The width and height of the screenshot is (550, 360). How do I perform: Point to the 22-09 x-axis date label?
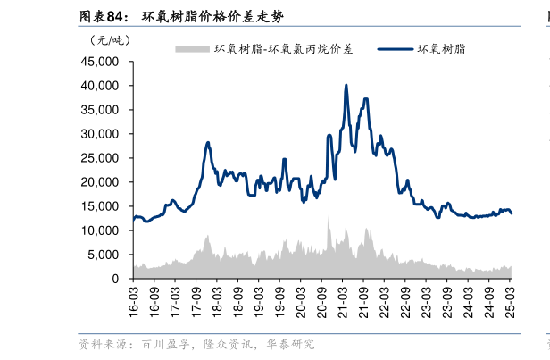click(405, 300)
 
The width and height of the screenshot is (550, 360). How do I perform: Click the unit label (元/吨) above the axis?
click(109, 39)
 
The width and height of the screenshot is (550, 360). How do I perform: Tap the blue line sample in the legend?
click(396, 49)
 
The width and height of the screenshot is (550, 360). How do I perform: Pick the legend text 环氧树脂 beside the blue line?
click(441, 49)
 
